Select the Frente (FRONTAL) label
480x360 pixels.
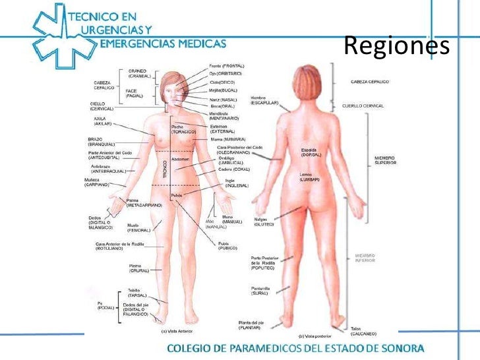[227, 67]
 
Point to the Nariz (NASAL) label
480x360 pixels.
[224, 99]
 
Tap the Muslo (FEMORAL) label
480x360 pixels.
[138, 227]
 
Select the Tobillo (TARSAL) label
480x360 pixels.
[138, 293]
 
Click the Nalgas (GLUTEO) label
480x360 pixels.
[264, 222]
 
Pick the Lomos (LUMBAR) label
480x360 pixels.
[310, 177]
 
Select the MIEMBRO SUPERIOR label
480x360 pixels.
[384, 160]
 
